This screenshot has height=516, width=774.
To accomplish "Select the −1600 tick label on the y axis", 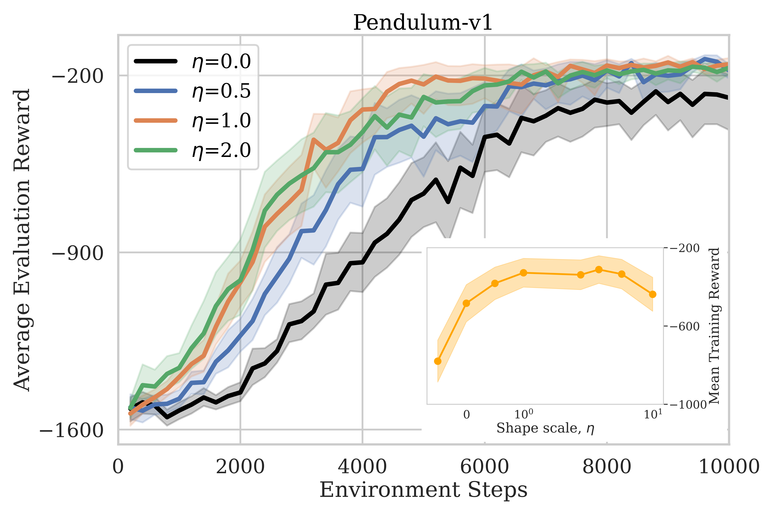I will tap(71, 430).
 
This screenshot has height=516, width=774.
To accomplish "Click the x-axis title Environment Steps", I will tap(424, 490).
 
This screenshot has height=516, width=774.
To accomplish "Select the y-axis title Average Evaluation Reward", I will tap(22, 240).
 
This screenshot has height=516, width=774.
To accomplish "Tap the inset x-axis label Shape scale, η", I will tap(545, 428).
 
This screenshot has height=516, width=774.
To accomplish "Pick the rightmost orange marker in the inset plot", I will tap(653, 294).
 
